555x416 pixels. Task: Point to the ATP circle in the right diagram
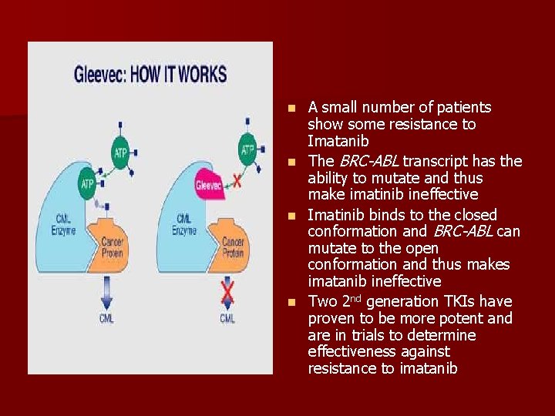pyautogui.click(x=247, y=149)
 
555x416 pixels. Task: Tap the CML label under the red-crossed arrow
pyautogui.click(x=227, y=317)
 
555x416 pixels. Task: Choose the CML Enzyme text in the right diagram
pyautogui.click(x=185, y=224)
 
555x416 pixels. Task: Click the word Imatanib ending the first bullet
pyautogui.click(x=338, y=142)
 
